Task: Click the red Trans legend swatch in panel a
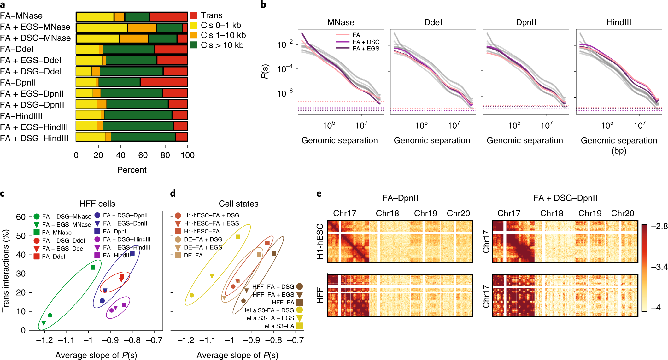click(194, 15)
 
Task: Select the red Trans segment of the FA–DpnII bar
click(164, 82)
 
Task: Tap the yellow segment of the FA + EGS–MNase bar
click(102, 27)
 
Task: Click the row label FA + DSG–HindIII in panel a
click(34, 138)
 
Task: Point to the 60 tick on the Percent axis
click(143, 155)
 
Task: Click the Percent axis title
click(132, 170)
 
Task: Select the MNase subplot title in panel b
click(341, 22)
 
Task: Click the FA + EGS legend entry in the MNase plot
click(366, 49)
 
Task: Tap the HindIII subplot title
click(619, 22)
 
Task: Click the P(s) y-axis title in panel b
click(265, 72)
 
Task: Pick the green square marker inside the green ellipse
click(93, 268)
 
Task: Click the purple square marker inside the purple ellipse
click(124, 305)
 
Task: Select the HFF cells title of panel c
click(97, 204)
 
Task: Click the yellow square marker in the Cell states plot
click(238, 237)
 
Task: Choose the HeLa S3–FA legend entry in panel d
click(277, 326)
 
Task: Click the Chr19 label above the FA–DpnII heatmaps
click(425, 214)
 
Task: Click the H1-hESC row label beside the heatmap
click(320, 241)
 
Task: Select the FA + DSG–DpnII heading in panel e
click(565, 198)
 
